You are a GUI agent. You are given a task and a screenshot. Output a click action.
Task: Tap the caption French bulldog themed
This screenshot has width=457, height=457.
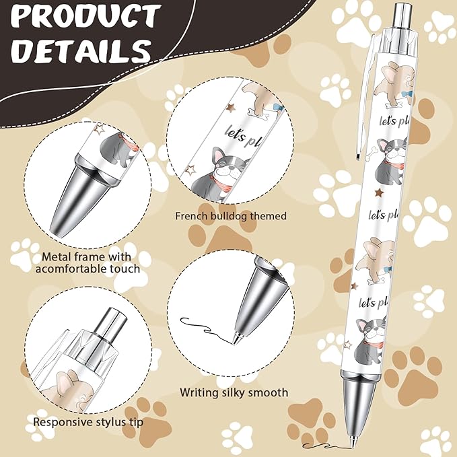(231, 216)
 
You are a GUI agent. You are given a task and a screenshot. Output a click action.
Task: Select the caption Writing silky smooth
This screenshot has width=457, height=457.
(234, 392)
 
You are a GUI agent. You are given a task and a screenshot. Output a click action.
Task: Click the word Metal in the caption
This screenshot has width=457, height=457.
(57, 256)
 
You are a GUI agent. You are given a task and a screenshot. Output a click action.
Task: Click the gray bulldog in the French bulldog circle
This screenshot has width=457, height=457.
(219, 174)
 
